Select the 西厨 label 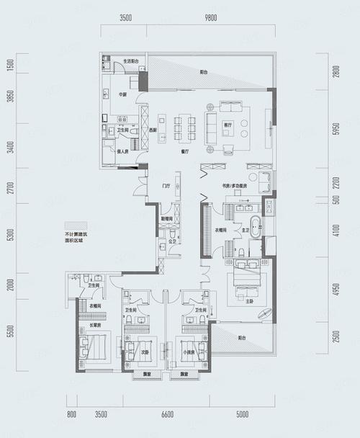pyautogui.click(x=153, y=130)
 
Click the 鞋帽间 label pyautogui.click(x=166, y=218)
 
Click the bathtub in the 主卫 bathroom pyautogui.click(x=257, y=218)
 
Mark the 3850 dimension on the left pyautogui.click(x=10, y=99)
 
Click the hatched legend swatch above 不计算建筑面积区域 pyautogui.click(x=74, y=225)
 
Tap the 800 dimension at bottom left pyautogui.click(x=71, y=415)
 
